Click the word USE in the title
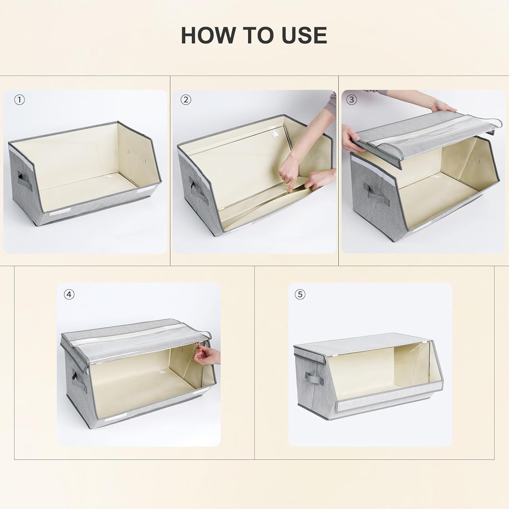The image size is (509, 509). click(x=300, y=35)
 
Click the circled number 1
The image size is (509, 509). click(x=20, y=100)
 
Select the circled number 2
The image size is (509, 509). click(x=186, y=100)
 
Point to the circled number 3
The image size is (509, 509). click(x=351, y=100)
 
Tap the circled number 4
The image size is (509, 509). click(x=69, y=295)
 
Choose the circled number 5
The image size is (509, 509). click(x=300, y=295)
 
